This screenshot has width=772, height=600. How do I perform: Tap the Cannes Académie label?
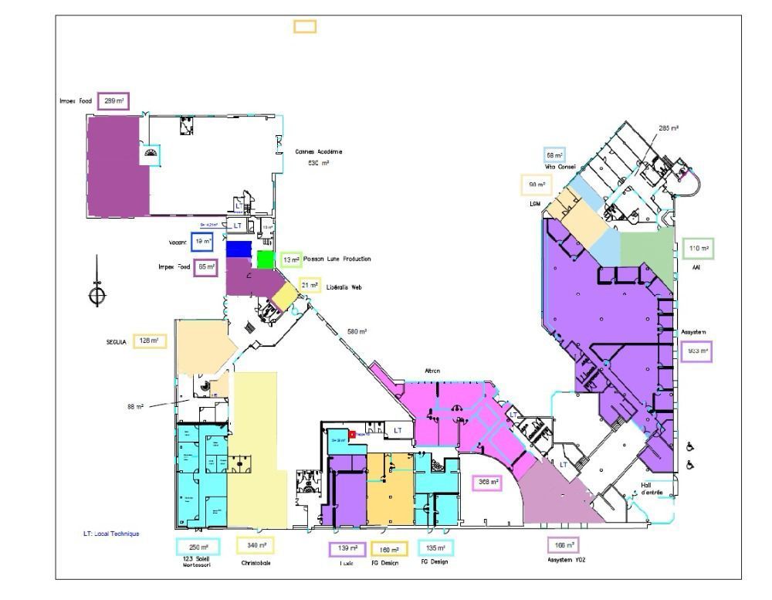[318, 151]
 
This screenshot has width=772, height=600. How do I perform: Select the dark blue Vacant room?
[239, 249]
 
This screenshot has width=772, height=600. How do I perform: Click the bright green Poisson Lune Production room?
[266, 259]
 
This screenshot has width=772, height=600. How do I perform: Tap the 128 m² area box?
[150, 341]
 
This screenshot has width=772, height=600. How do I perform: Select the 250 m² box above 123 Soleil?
[198, 547]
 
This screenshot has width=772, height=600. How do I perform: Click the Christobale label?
[256, 563]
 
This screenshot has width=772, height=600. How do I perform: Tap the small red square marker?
[352, 435]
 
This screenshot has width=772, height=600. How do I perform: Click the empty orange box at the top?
[304, 26]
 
